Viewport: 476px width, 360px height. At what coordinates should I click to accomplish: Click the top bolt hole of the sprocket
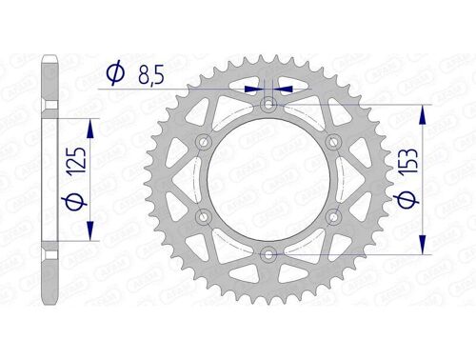pos(269,104)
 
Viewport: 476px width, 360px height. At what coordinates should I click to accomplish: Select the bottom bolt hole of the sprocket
pos(269,254)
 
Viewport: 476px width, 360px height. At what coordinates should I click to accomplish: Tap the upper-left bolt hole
pos(204,141)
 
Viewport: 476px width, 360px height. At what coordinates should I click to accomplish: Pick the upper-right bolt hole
pos(334,141)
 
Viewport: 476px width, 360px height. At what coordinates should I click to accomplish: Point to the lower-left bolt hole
pos(204,217)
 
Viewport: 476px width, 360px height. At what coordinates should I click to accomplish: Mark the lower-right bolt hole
pos(334,217)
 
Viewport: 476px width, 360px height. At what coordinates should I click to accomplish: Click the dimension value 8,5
pos(149,72)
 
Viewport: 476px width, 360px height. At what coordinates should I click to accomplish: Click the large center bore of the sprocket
pos(269,179)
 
